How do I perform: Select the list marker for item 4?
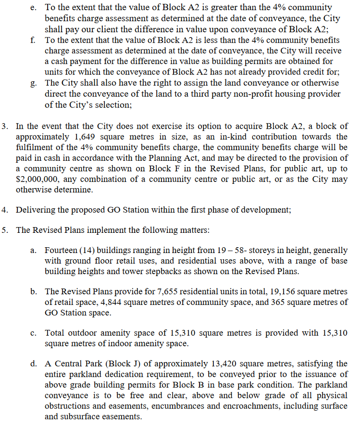5,210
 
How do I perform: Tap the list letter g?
33,83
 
